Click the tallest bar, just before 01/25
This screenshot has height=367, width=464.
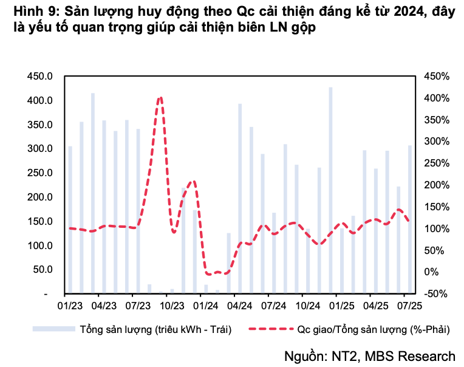point(331,190)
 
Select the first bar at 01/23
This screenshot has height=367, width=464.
point(70,220)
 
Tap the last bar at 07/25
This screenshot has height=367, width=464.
point(410,219)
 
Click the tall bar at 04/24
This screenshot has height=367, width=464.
point(241,199)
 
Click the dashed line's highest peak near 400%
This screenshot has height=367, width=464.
point(160,98)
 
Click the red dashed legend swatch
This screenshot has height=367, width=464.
point(270,329)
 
